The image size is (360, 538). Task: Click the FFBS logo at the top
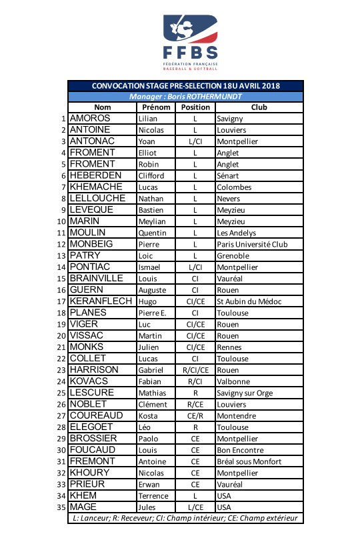pos(191,41)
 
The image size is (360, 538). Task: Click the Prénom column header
pos(157,107)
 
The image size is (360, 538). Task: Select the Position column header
pos(195,107)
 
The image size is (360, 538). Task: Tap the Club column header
pos(259,107)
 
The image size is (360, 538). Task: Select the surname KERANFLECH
pos(101,301)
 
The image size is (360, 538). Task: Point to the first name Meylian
pos(151,221)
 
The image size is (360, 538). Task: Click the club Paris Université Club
pos(252,244)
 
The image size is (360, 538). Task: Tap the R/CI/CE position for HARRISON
pos(195,370)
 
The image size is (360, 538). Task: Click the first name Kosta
pos(148,416)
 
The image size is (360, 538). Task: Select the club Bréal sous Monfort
pos(249,461)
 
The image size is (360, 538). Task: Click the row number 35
pos(62,507)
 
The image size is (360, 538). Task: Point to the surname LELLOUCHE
pos(97,199)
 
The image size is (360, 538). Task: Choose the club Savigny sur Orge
pos(245,393)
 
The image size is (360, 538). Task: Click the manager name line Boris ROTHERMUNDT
pos(185,96)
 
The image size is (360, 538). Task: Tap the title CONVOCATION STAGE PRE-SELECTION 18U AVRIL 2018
pos(185,86)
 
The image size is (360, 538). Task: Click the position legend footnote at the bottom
pos(185,518)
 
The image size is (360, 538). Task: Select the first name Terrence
pos(153,496)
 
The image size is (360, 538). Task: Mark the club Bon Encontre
pos(240,450)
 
